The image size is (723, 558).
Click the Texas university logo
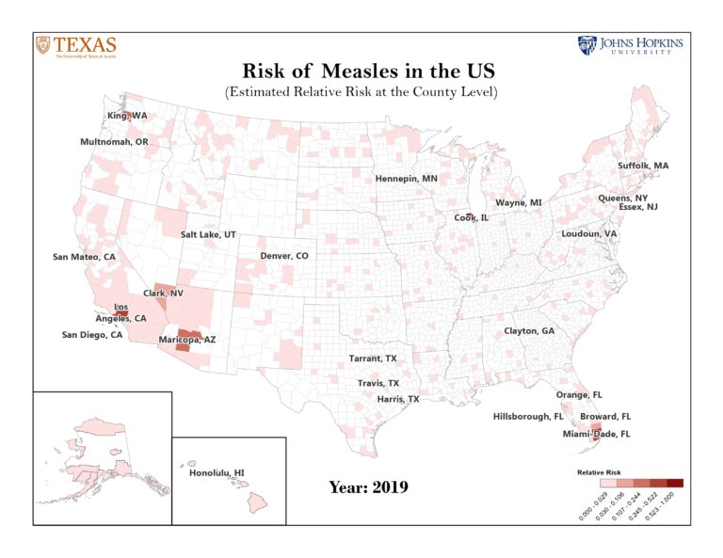76,46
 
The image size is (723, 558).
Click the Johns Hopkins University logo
630,46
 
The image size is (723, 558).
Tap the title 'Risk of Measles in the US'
361,72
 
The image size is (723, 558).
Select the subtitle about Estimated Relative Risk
361,92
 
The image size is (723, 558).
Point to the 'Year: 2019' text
368,486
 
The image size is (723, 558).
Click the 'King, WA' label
127,116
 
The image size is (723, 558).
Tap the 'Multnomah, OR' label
114,142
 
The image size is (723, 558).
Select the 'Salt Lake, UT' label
208,234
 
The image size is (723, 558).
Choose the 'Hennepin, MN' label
406,178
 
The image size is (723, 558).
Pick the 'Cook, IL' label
472,217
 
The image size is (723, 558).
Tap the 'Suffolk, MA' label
643,166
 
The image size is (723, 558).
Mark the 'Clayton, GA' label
529,331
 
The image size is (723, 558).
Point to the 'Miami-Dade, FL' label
596,434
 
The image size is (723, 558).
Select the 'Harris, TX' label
397,399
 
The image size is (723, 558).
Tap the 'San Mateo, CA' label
84,257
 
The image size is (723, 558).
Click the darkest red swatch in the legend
675,483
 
